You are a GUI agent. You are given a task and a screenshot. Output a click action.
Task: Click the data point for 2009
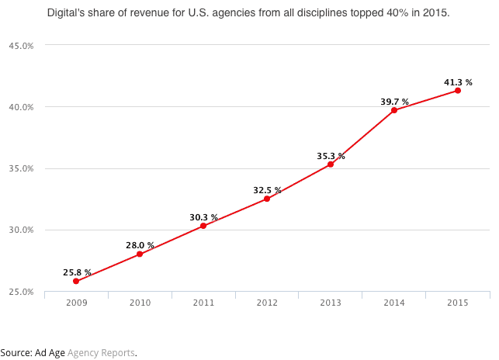(76, 281)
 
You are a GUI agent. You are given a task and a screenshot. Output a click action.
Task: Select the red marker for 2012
(267, 199)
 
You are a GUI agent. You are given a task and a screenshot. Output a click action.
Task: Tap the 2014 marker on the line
(394, 110)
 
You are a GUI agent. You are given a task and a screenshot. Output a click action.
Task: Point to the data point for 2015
(458, 91)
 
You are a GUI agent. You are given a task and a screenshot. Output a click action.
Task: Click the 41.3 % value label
(458, 81)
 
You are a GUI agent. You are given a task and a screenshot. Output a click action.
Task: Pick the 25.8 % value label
(77, 272)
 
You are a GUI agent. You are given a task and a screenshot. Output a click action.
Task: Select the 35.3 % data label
(331, 156)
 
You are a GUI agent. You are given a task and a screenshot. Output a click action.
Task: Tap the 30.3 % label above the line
(203, 217)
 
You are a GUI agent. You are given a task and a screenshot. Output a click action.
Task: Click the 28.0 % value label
(140, 245)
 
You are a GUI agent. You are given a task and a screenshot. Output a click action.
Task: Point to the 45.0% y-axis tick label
(21, 46)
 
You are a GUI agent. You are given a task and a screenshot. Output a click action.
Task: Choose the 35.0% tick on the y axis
(21, 168)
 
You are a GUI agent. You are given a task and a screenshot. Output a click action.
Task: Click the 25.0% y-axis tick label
(21, 292)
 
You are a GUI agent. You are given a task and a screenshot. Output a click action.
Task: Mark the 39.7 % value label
(395, 101)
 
